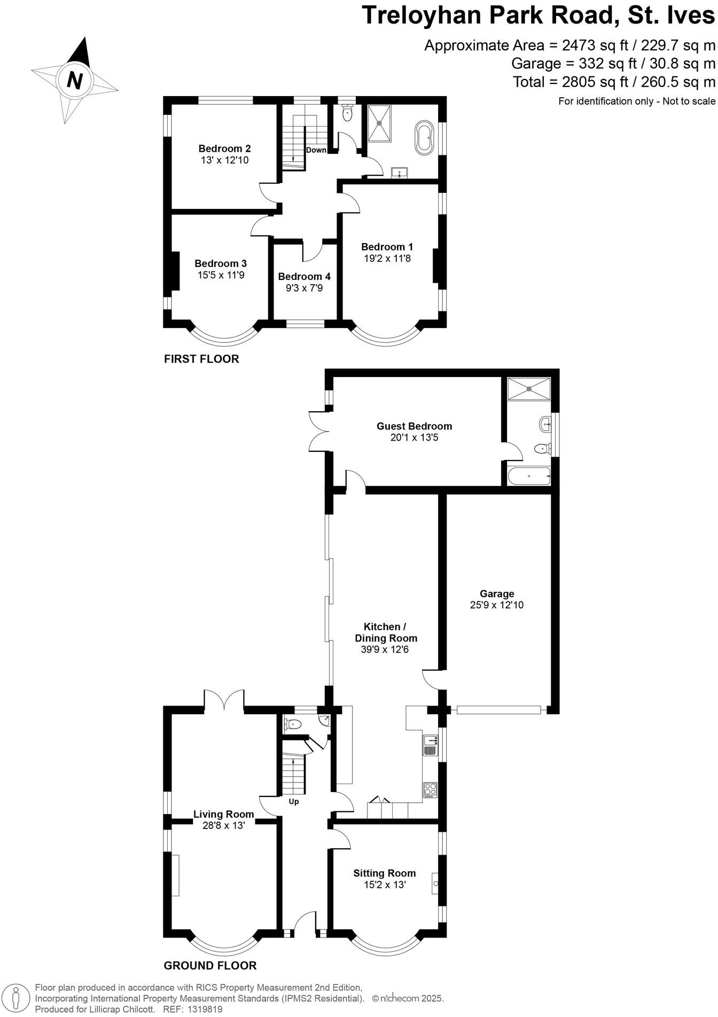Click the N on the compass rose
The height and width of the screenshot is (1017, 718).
coord(75,81)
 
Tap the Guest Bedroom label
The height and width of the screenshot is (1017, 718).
coord(414,426)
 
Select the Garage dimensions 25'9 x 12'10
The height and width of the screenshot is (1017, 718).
coord(497,605)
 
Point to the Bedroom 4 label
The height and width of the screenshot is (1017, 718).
coord(304,277)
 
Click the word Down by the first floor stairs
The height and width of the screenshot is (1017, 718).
coord(316,150)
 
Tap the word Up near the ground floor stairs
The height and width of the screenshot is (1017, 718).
coord(294,802)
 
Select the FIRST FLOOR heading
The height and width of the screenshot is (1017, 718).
coord(201,359)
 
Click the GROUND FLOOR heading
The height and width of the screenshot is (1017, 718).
coord(210,965)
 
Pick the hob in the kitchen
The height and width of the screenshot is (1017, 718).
coord(430,790)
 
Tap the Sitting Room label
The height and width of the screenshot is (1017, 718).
coord(384,873)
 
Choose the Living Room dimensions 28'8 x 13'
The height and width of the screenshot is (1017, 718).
coord(223,825)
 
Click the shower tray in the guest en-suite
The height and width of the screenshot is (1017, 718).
coord(528,388)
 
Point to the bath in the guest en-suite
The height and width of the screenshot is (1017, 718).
coord(528,476)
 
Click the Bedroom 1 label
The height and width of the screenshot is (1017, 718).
coord(387,247)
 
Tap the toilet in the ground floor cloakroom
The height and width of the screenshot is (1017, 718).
coord(293,724)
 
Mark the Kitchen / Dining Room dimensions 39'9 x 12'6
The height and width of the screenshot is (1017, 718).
coord(385,650)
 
